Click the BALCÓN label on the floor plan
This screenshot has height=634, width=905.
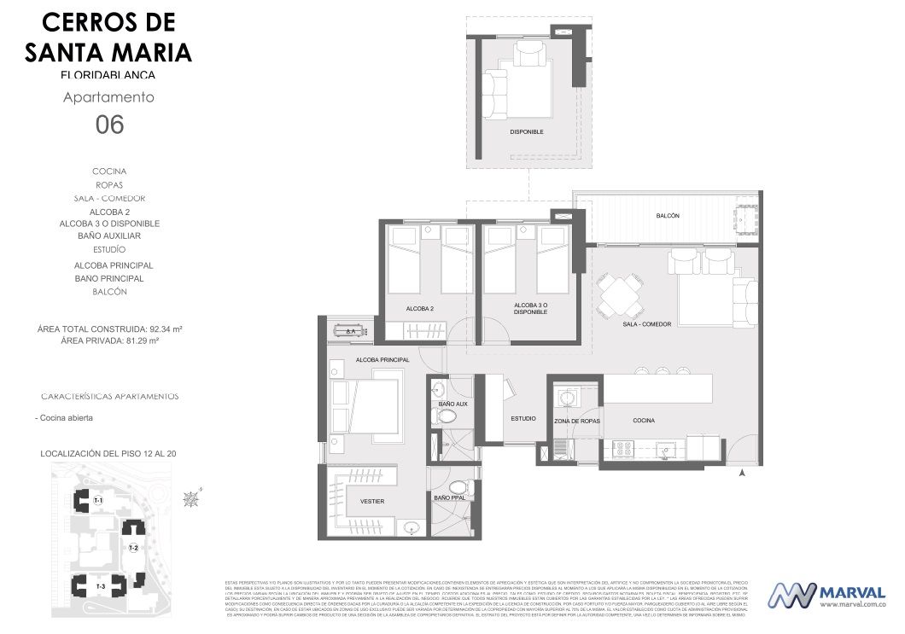(668, 216)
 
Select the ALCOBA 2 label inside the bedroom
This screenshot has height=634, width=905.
(420, 308)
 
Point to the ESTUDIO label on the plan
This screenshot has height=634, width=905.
(523, 419)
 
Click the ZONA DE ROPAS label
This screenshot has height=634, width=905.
(576, 422)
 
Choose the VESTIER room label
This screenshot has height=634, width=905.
(372, 501)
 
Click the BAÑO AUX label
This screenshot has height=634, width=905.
(452, 404)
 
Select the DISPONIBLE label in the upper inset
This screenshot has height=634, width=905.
(526, 131)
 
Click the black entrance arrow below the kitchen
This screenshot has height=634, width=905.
(742, 471)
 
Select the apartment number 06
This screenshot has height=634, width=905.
(109, 125)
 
